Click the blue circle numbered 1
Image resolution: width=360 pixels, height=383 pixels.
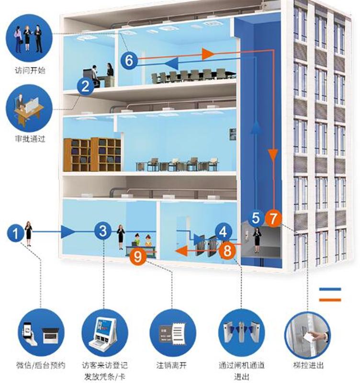tap(15, 233)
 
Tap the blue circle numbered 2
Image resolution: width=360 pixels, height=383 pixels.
tap(85, 86)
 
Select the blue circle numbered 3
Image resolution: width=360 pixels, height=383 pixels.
tap(102, 231)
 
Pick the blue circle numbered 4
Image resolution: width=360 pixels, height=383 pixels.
tap(223, 232)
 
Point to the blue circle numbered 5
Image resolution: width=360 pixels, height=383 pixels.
tap(256, 218)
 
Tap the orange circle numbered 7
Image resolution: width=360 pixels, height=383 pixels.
tap(273, 218)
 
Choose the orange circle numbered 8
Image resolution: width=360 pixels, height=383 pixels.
tap(228, 249)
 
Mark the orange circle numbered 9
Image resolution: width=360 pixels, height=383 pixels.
tap(138, 256)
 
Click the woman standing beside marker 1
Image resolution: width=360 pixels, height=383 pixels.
tap(29, 233)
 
